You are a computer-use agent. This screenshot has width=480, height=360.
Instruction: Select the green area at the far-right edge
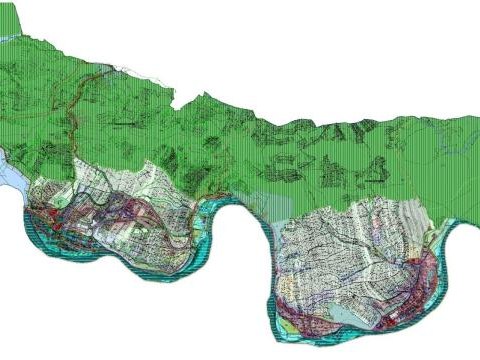(465, 160)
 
